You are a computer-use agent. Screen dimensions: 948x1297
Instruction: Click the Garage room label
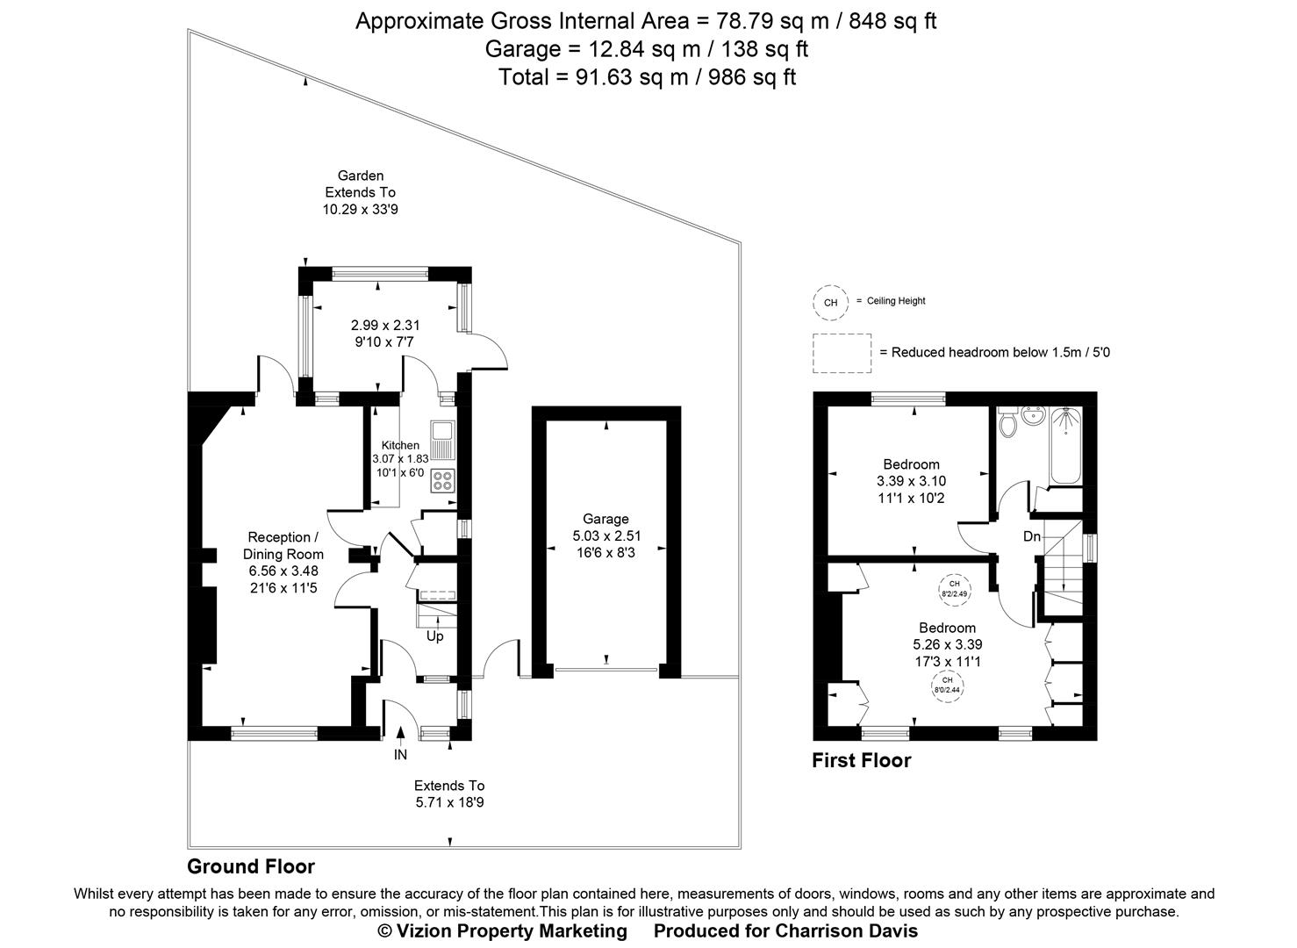point(606,519)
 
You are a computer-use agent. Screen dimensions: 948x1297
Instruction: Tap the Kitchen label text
point(400,445)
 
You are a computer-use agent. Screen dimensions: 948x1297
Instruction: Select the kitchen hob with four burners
point(442,480)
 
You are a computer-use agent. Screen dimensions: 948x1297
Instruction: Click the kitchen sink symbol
point(442,438)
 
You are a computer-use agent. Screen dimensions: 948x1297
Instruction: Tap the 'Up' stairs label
point(435,636)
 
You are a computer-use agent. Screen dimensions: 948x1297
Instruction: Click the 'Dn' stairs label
point(1031,536)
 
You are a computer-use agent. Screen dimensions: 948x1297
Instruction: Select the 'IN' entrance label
point(400,754)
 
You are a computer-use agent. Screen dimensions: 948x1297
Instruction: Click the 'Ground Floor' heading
point(250,867)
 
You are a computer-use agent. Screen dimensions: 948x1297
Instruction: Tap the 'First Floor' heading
point(861,761)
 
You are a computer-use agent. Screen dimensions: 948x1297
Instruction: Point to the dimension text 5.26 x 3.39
point(947,644)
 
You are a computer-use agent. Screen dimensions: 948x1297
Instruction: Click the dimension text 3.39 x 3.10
point(911,481)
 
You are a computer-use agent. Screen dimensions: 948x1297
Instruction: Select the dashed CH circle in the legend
point(830,302)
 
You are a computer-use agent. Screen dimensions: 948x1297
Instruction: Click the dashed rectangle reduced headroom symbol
point(842,352)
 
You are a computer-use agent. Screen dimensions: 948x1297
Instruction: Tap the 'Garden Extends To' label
point(361,183)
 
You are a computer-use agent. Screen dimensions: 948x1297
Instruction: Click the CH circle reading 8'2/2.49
point(954,588)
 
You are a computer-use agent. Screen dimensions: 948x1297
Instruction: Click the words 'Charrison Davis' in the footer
point(846,930)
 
